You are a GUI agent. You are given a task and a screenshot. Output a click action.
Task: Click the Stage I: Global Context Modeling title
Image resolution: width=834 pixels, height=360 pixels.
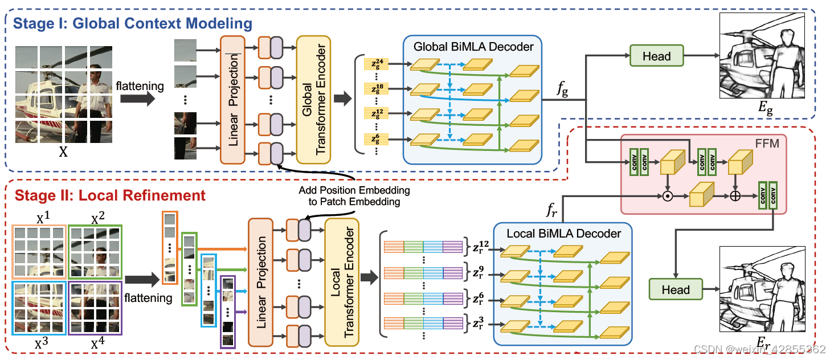click(x=132, y=24)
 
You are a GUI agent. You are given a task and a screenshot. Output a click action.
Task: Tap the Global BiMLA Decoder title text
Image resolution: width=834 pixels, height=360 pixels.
click(x=473, y=47)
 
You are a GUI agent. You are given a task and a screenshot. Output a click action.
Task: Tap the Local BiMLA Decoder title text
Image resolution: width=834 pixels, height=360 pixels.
click(x=563, y=234)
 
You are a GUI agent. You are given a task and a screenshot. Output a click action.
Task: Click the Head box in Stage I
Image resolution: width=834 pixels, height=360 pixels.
click(x=656, y=56)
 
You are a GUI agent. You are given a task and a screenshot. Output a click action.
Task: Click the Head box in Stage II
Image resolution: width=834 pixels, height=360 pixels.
click(x=676, y=289)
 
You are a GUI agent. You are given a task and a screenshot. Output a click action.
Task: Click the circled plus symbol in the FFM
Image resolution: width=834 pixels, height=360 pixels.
click(x=736, y=197)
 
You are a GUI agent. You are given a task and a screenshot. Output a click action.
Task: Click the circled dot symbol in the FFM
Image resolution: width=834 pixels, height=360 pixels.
click(x=667, y=197)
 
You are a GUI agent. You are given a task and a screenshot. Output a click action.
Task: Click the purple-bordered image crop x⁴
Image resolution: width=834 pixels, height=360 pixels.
click(x=95, y=308)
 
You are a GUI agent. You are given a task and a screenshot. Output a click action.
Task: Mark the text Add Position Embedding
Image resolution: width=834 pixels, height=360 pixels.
click(x=355, y=190)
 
